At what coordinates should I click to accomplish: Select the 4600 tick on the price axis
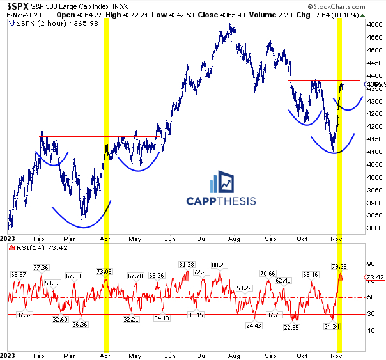374,24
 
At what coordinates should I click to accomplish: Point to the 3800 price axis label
374,228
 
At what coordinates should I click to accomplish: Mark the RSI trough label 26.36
80,324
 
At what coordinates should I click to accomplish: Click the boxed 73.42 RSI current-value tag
374,278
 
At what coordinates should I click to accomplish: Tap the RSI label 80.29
220,265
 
